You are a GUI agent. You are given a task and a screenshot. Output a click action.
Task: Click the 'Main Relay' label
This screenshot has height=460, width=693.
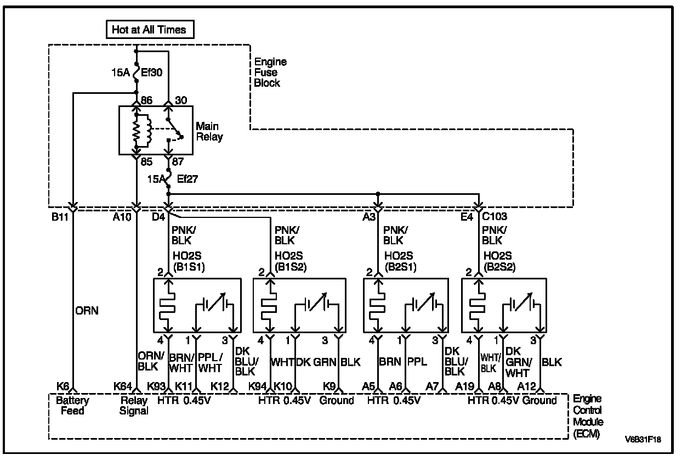[209, 132]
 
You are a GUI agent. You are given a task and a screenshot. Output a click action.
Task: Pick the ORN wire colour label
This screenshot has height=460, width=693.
[87, 311]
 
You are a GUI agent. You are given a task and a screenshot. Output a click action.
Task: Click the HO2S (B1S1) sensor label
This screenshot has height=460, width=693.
[188, 261]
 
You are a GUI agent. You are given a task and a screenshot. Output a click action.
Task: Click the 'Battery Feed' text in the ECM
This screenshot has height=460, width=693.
[72, 405]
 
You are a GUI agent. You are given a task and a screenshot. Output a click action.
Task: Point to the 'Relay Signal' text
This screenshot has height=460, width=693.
[134, 406]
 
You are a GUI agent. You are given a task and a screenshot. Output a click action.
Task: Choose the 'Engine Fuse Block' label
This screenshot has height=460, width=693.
[267, 72]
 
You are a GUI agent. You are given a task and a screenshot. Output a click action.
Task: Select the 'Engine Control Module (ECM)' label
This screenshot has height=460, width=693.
[588, 416]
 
